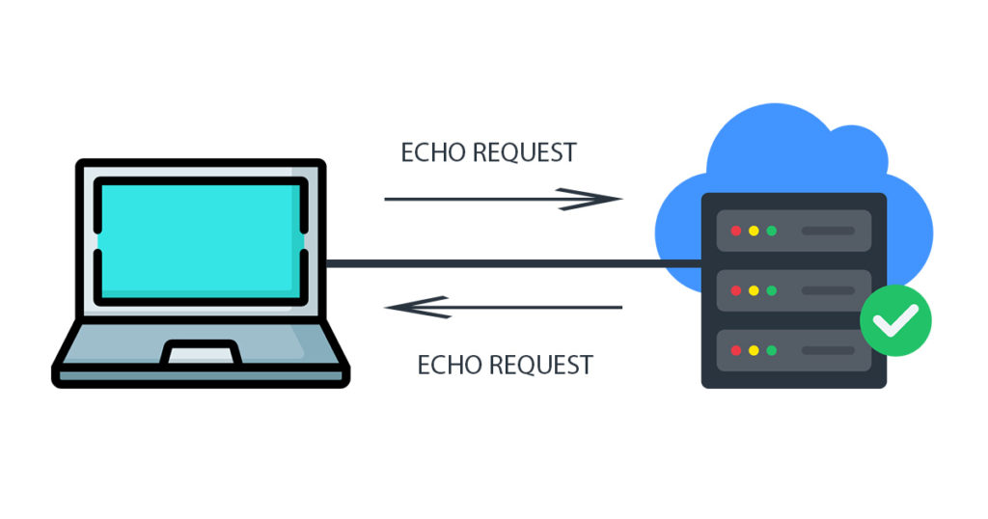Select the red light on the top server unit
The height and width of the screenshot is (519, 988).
(x=736, y=232)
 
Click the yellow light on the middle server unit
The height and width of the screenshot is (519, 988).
(x=754, y=290)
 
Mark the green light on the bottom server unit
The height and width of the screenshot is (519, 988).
(x=771, y=350)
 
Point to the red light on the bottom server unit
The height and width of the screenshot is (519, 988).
(x=736, y=350)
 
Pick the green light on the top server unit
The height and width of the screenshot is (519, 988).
(x=771, y=232)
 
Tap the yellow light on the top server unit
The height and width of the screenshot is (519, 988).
(x=754, y=232)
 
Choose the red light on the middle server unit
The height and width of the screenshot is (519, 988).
(x=736, y=290)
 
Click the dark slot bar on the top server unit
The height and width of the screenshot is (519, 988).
(x=828, y=232)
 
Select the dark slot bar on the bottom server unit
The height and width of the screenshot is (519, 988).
(x=828, y=350)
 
